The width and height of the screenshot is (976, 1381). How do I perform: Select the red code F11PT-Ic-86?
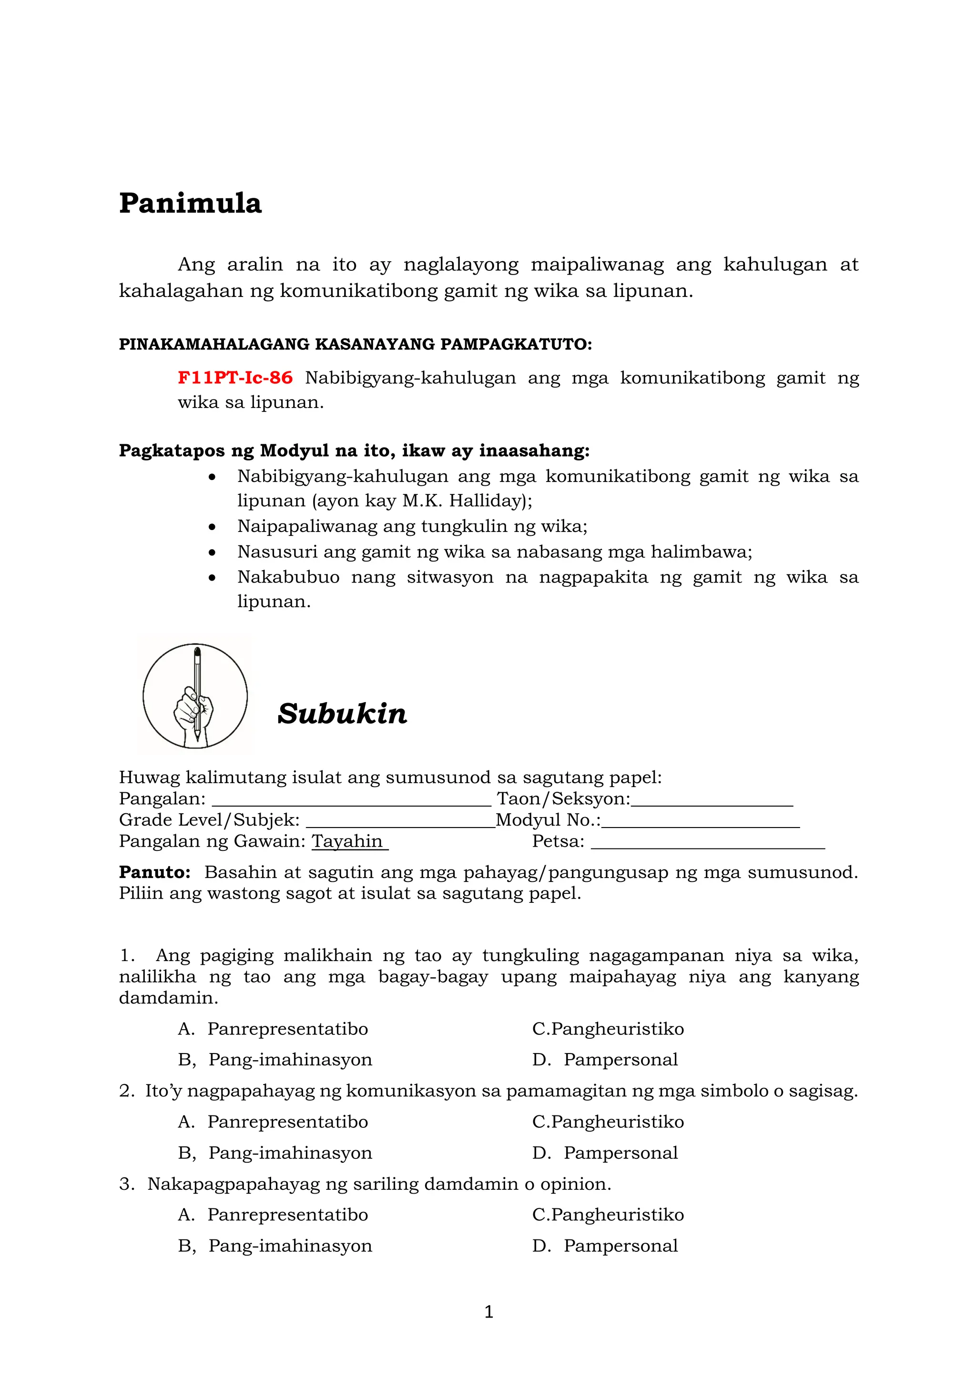pyautogui.click(x=235, y=378)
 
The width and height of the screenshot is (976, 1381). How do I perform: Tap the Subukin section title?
pyautogui.click(x=342, y=714)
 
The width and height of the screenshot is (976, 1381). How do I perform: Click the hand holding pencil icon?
pyautogui.click(x=195, y=696)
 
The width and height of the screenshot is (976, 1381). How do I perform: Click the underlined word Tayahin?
pyautogui.click(x=347, y=841)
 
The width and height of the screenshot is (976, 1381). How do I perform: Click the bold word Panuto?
pyautogui.click(x=154, y=872)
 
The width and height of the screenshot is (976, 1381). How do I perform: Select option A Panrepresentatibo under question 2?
pyautogui.click(x=287, y=1122)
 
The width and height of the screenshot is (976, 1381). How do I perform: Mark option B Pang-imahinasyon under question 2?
pyautogui.click(x=290, y=1153)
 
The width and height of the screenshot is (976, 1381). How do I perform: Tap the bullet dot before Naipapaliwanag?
pyautogui.click(x=212, y=527)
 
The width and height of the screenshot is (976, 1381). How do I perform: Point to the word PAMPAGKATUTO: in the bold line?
pyautogui.click(x=516, y=344)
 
